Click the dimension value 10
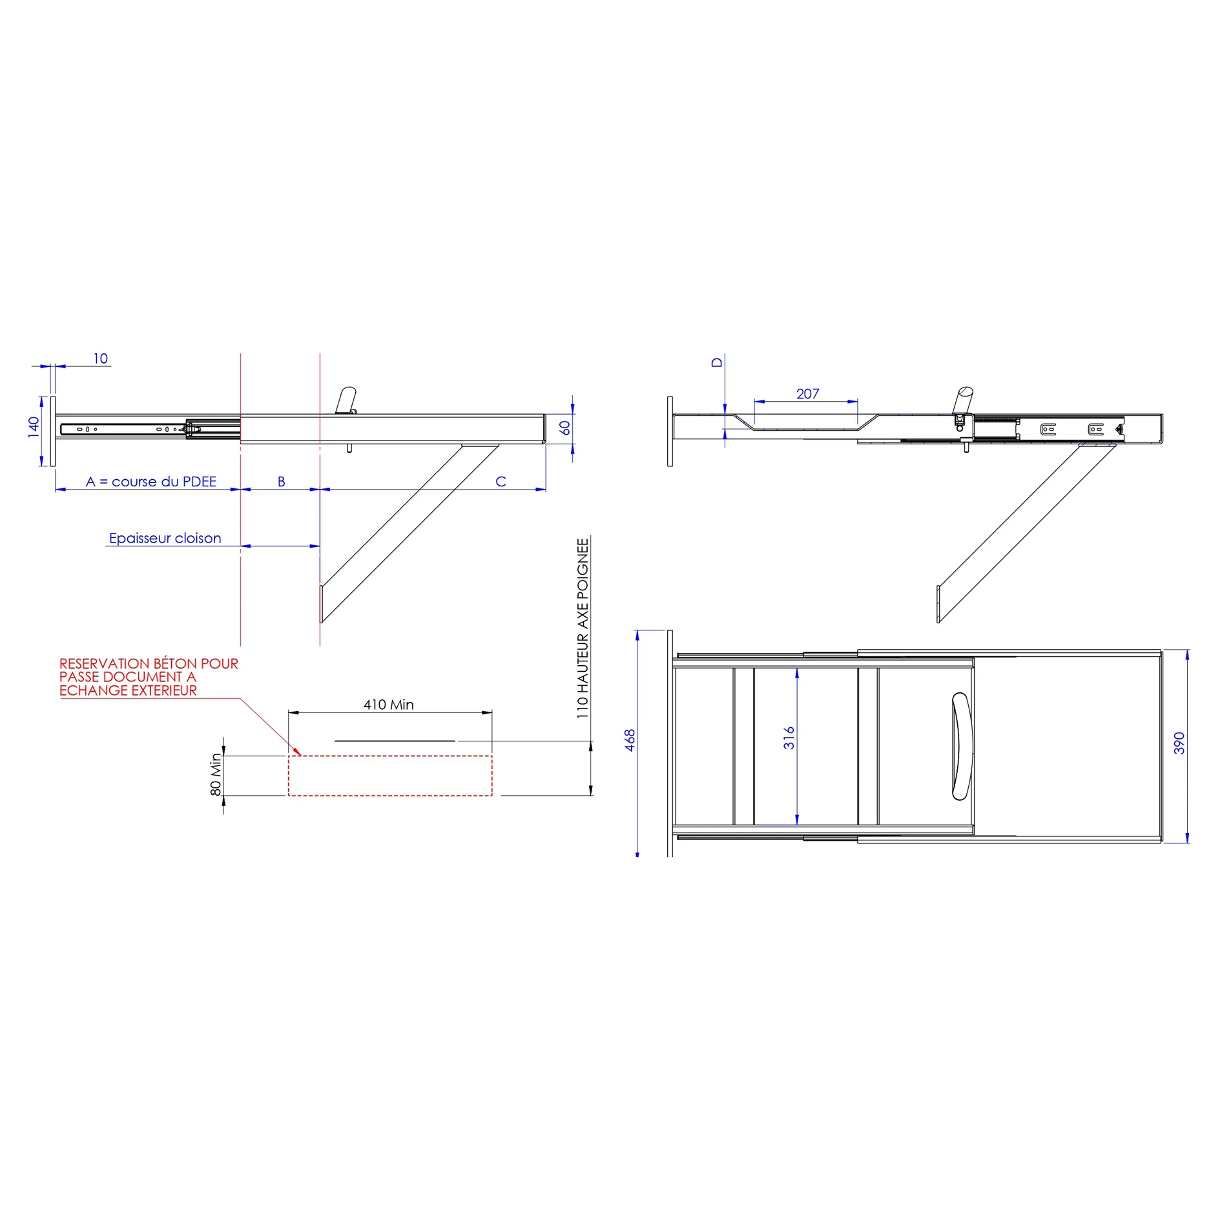coord(101,359)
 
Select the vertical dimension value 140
coord(34,428)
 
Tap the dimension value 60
coord(565,428)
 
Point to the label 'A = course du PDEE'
coord(151,482)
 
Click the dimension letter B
coord(282,482)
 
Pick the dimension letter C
coord(501,482)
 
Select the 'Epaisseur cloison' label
coord(165,539)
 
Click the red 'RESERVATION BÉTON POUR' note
coord(149,665)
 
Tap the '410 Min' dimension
coord(389,705)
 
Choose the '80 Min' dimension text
coord(216,774)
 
